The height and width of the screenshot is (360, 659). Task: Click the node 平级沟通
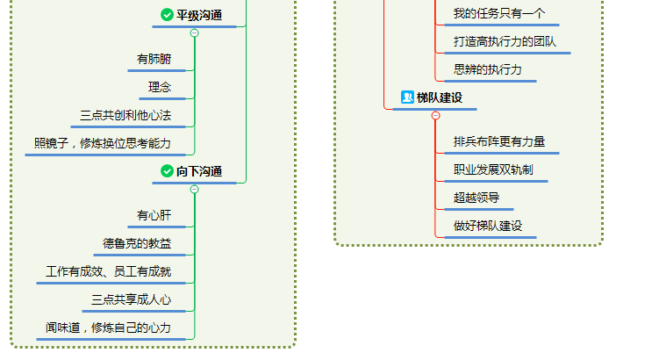[199, 15]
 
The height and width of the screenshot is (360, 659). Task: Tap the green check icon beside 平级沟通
[167, 15]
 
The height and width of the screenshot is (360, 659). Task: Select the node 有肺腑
[154, 60]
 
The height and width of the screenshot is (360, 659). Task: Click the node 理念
[160, 87]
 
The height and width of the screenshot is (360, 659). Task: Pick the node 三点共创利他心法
[125, 115]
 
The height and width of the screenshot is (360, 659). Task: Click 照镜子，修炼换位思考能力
[102, 143]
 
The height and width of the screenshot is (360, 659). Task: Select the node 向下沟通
[199, 171]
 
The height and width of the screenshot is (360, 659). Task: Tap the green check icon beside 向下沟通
[167, 171]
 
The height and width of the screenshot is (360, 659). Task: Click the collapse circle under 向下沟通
[195, 189]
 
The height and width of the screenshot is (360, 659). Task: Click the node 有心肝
[154, 215]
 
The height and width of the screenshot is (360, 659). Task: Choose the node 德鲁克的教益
[137, 243]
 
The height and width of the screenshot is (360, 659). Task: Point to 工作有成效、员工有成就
[108, 272]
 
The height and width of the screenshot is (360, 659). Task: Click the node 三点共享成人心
[131, 300]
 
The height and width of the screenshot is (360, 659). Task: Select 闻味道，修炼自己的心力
[108, 328]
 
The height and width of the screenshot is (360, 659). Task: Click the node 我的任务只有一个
[499, 13]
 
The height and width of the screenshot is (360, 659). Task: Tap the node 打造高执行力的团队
[505, 41]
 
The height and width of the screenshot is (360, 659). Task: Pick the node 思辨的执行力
[488, 69]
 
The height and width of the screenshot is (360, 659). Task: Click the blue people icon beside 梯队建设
[407, 97]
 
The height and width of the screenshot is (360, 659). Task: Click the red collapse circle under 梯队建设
[435, 115]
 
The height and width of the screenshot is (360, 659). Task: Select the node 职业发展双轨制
[493, 169]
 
